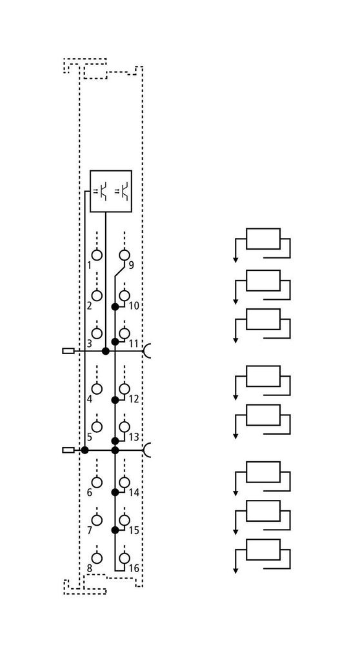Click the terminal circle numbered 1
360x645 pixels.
click(97, 255)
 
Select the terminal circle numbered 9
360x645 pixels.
click(125, 255)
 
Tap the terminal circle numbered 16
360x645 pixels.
click(125, 558)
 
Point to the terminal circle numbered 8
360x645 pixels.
click(97, 558)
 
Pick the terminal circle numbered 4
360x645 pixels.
click(97, 389)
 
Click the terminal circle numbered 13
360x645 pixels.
click(125, 427)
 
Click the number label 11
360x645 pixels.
click(134, 344)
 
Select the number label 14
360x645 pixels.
click(134, 492)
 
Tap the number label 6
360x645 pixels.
click(89, 492)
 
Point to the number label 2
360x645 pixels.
click(89, 306)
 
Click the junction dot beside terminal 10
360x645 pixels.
click(115, 306)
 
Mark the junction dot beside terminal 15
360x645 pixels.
click(115, 530)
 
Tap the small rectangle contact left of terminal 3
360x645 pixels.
click(68, 351)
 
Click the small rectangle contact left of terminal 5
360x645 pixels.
click(68, 450)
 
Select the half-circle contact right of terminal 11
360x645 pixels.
click(146, 351)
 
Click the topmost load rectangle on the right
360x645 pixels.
click(263, 239)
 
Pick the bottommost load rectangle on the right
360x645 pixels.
click(263, 550)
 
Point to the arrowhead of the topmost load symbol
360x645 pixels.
click(235, 259)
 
